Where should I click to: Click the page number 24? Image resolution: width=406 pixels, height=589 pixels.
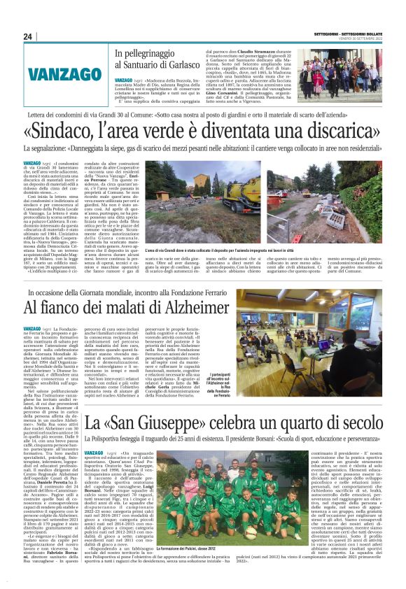(x=28, y=36)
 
